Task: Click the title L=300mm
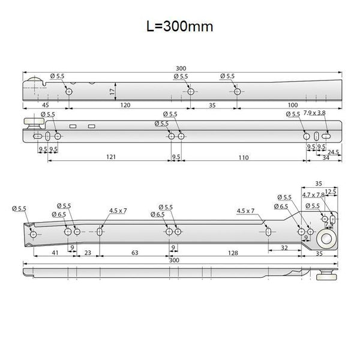click(180, 26)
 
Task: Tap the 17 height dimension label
click(112, 92)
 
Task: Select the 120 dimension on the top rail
click(125, 105)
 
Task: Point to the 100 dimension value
click(293, 105)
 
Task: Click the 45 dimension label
click(46, 105)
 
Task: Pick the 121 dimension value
click(111, 157)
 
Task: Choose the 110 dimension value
click(244, 157)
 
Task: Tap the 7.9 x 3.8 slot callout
click(314, 113)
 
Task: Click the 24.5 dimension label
click(333, 152)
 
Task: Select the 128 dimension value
click(233, 253)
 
